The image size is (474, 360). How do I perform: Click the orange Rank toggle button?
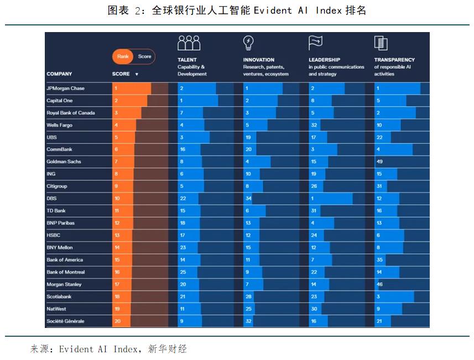(x=122, y=56)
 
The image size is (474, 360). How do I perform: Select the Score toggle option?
(x=144, y=56)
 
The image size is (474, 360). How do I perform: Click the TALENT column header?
(x=187, y=60)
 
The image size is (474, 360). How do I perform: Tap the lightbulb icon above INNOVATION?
(x=248, y=43)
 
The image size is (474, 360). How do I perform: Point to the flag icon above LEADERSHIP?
(x=315, y=43)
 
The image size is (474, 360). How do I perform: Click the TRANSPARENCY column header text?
(x=394, y=60)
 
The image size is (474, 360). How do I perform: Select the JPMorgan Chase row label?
(x=65, y=88)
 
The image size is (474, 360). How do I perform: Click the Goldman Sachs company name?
(x=63, y=161)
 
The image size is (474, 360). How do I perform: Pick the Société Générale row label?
(x=65, y=321)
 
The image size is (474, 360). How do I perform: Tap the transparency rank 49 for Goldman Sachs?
(x=379, y=161)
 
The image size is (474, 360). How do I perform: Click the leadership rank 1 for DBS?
(x=312, y=198)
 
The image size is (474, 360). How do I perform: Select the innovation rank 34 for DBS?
(x=248, y=198)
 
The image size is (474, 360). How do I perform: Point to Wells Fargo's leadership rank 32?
(x=314, y=125)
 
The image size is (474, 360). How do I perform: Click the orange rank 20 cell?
(x=117, y=321)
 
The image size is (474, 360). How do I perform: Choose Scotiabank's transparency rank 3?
(x=378, y=296)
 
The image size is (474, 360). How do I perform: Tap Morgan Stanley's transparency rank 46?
(x=379, y=284)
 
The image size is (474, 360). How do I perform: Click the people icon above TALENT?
(x=189, y=43)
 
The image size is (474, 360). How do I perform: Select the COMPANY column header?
(x=59, y=74)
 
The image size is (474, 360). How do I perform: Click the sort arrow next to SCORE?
(x=137, y=74)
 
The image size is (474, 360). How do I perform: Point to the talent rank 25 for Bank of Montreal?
(x=183, y=272)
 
